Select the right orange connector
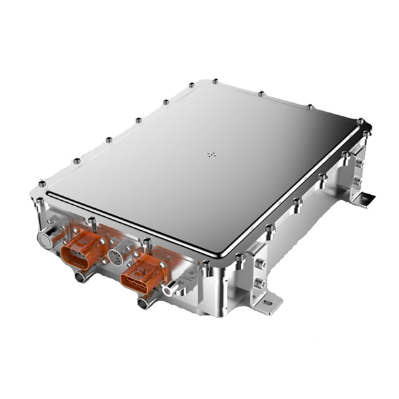coord(143,272)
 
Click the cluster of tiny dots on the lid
coord(211,155)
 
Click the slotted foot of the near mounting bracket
coord(265,307)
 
